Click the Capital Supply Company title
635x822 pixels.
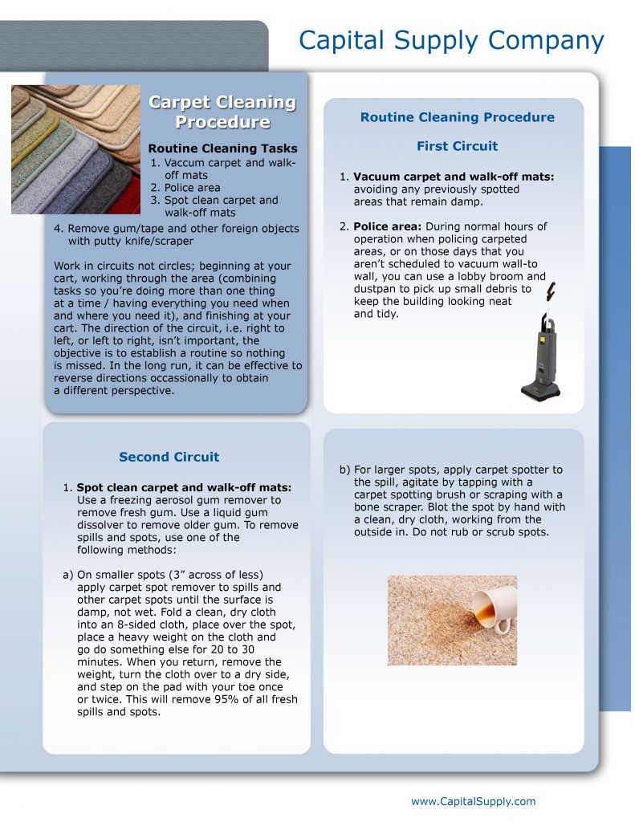pyautogui.click(x=451, y=40)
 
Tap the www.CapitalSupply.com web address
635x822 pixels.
pyautogui.click(x=473, y=801)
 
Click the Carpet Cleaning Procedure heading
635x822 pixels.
pyautogui.click(x=222, y=112)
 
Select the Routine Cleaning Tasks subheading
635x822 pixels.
pyautogui.click(x=222, y=149)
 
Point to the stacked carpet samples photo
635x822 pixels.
pyautogui.click(x=75, y=149)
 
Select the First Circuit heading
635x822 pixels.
pyautogui.click(x=457, y=146)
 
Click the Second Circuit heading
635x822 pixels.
pyautogui.click(x=169, y=457)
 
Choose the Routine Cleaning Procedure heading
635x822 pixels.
pyautogui.click(x=457, y=117)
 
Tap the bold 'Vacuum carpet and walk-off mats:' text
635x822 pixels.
pyautogui.click(x=454, y=177)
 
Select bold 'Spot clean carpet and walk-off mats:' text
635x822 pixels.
pyautogui.click(x=184, y=487)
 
